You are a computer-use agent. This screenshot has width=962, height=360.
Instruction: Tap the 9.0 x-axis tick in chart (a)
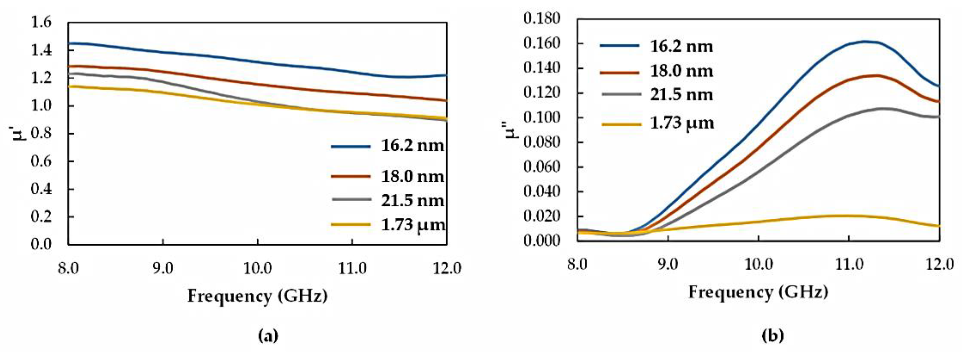(x=162, y=268)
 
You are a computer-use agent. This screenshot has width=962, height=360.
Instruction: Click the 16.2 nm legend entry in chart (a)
(x=412, y=146)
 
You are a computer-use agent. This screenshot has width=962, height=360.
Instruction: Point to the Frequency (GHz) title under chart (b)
(x=758, y=292)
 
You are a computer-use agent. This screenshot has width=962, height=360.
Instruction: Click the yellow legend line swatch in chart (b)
(x=621, y=123)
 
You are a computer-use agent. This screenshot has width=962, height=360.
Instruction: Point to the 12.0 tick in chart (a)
(x=447, y=268)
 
